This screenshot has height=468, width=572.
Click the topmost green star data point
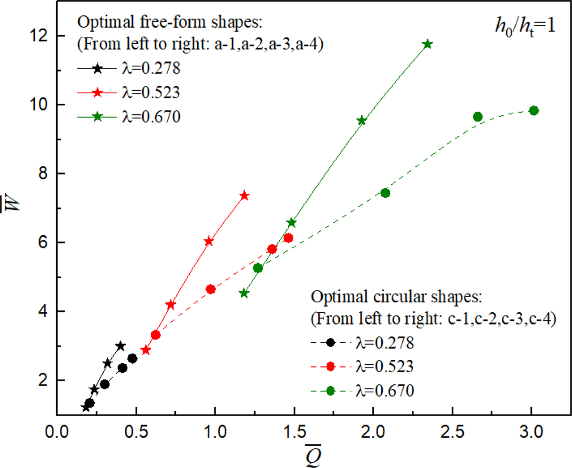point(428,44)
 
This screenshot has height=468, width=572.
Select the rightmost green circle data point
point(534,110)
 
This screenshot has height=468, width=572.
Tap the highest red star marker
point(245,196)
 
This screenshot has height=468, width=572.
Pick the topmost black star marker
point(121,346)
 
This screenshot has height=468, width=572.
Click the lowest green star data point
point(244,293)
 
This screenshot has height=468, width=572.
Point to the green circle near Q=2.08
point(386,193)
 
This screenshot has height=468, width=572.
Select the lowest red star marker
point(146,350)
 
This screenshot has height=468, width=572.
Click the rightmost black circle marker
point(133,358)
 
